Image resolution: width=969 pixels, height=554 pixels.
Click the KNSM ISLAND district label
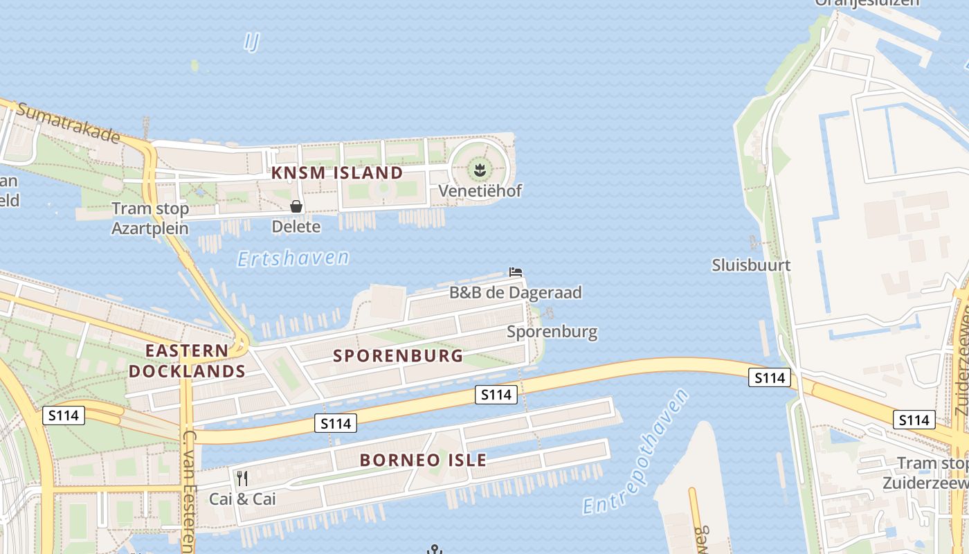(x=337, y=172)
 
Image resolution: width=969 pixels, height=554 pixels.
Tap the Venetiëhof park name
(x=480, y=190)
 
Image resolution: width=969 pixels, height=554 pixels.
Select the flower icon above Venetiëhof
(x=479, y=168)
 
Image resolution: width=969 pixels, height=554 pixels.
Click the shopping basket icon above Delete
(x=296, y=206)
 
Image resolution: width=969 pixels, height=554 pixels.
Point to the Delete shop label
(x=296, y=226)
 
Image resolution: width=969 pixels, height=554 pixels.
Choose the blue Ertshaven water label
(x=293, y=258)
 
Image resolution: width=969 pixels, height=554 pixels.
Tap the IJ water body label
(x=251, y=42)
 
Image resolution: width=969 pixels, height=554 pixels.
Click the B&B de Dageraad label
(x=516, y=292)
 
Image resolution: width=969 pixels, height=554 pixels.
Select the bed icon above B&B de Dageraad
(x=516, y=272)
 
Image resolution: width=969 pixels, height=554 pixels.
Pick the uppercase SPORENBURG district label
(x=398, y=356)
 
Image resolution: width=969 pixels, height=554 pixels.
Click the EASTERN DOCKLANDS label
(x=188, y=361)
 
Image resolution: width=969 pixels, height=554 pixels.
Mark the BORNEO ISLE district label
(x=423, y=460)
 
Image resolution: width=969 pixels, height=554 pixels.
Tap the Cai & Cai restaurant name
(x=242, y=499)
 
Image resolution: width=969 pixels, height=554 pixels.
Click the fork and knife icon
(x=242, y=479)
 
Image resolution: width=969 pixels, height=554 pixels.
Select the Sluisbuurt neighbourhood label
(x=751, y=265)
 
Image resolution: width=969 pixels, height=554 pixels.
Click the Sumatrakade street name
(x=69, y=123)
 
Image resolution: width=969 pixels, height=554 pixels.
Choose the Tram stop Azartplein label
(x=150, y=218)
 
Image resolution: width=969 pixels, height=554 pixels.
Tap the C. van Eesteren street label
(x=188, y=492)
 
